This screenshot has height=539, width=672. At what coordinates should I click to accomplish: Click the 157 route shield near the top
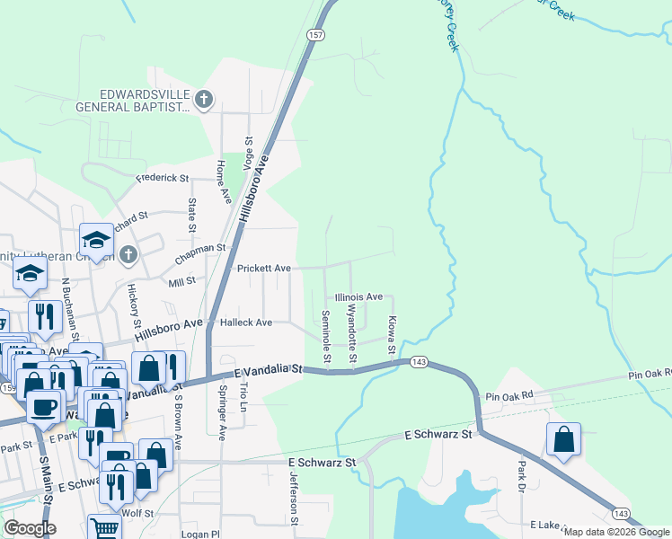coord(314,35)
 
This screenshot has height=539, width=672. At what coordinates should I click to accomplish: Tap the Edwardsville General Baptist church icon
coord(205,98)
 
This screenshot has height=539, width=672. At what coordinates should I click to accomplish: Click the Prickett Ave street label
coord(263,268)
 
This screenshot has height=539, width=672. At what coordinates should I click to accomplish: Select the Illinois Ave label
coord(358,296)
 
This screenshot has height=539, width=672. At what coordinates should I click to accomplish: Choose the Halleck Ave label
coord(246,323)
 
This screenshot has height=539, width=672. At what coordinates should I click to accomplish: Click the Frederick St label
coord(163,178)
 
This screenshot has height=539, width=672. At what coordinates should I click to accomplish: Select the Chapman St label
coord(199,249)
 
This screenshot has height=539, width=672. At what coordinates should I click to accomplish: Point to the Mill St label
coord(181,281)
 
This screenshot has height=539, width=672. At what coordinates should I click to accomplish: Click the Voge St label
coord(250,149)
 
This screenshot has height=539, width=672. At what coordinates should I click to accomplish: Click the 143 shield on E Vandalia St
coord(418,361)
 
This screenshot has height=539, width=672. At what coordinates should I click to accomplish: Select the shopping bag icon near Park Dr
coord(563,439)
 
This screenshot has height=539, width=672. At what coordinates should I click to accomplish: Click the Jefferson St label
coord(293,495)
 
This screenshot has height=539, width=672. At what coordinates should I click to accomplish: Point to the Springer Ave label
coord(223,412)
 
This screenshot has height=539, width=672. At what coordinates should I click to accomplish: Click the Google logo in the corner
coord(30,528)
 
